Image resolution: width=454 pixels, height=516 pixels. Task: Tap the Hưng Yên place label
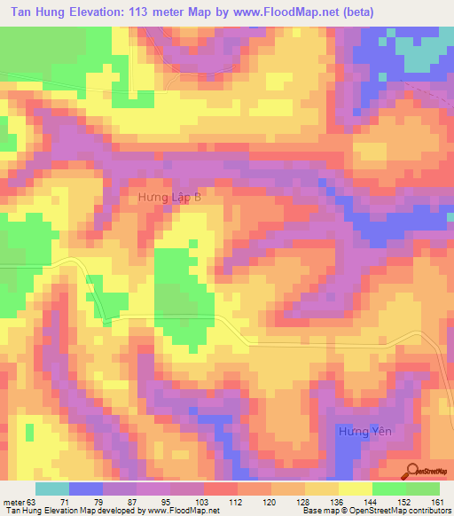point(364,431)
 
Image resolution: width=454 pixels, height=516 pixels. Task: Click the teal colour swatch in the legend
point(52,489)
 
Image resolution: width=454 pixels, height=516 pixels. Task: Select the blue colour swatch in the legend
point(86,489)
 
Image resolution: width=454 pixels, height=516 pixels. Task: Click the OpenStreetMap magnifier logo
point(412,472)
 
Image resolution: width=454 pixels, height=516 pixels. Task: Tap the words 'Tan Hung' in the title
point(35,12)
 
